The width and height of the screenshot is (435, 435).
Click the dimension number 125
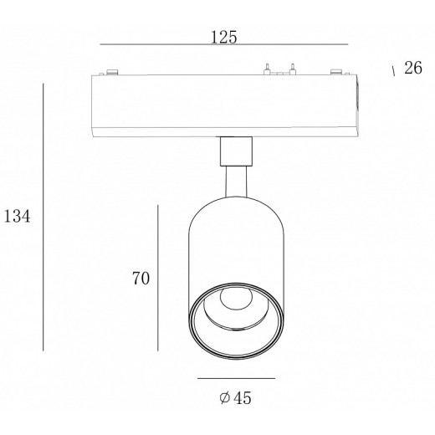(223, 38)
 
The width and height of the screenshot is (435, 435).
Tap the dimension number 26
(413, 68)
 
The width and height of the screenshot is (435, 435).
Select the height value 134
(17, 217)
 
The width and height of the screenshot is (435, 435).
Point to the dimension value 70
(141, 279)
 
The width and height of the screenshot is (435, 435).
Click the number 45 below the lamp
(243, 398)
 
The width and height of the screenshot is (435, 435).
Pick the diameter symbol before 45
(224, 397)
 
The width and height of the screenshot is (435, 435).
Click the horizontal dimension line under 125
(224, 44)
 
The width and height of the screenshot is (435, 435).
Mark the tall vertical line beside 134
(43, 217)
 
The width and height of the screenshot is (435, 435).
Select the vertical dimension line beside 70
(158, 278)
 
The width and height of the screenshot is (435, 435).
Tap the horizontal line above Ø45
(237, 378)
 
